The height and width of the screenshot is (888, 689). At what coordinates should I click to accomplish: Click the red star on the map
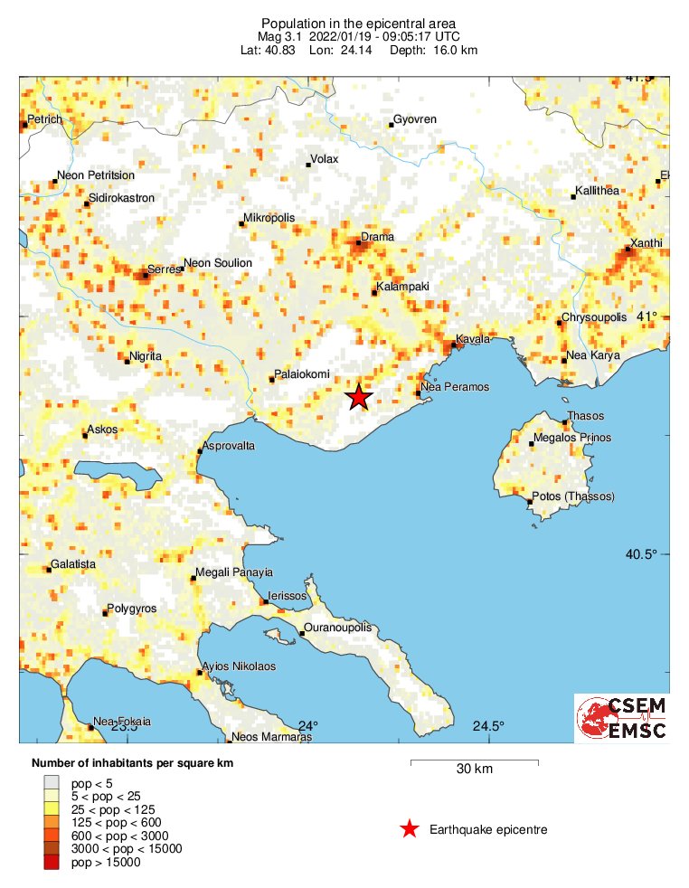pos(359,397)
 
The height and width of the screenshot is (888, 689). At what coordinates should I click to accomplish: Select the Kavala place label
pos(473,339)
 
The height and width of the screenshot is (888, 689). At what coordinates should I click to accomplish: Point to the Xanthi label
pos(647,242)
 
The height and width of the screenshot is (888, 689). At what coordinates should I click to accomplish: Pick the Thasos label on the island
pos(585,416)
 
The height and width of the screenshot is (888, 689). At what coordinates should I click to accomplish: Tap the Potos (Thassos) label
pos(573,496)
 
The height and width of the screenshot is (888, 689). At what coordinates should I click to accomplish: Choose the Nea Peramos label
pos(455,387)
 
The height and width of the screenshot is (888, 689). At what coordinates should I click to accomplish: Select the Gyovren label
pos(416,119)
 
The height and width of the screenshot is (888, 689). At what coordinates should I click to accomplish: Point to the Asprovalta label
pos(230,447)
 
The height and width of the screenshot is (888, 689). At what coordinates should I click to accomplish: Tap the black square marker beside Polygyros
pos(105,613)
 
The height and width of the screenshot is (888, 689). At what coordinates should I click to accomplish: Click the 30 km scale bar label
pos(474,770)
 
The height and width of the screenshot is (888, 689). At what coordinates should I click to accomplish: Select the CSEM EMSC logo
pos(622,717)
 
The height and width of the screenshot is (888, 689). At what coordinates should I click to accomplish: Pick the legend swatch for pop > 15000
pos(52,864)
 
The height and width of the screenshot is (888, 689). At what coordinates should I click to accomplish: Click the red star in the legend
pos(410,828)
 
